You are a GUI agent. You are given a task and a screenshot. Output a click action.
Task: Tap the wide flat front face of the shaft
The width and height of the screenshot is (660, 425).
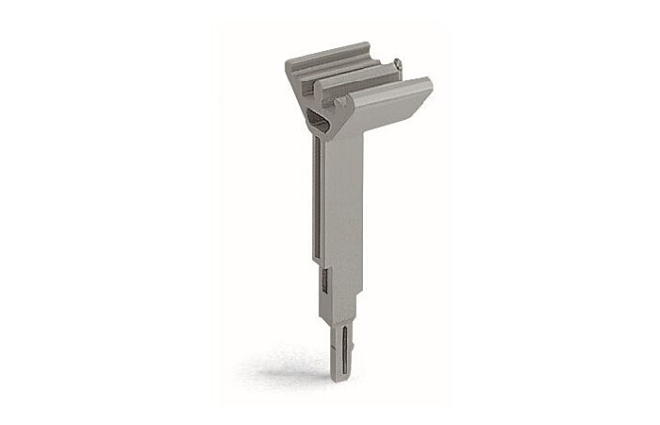click(x=343, y=208)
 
